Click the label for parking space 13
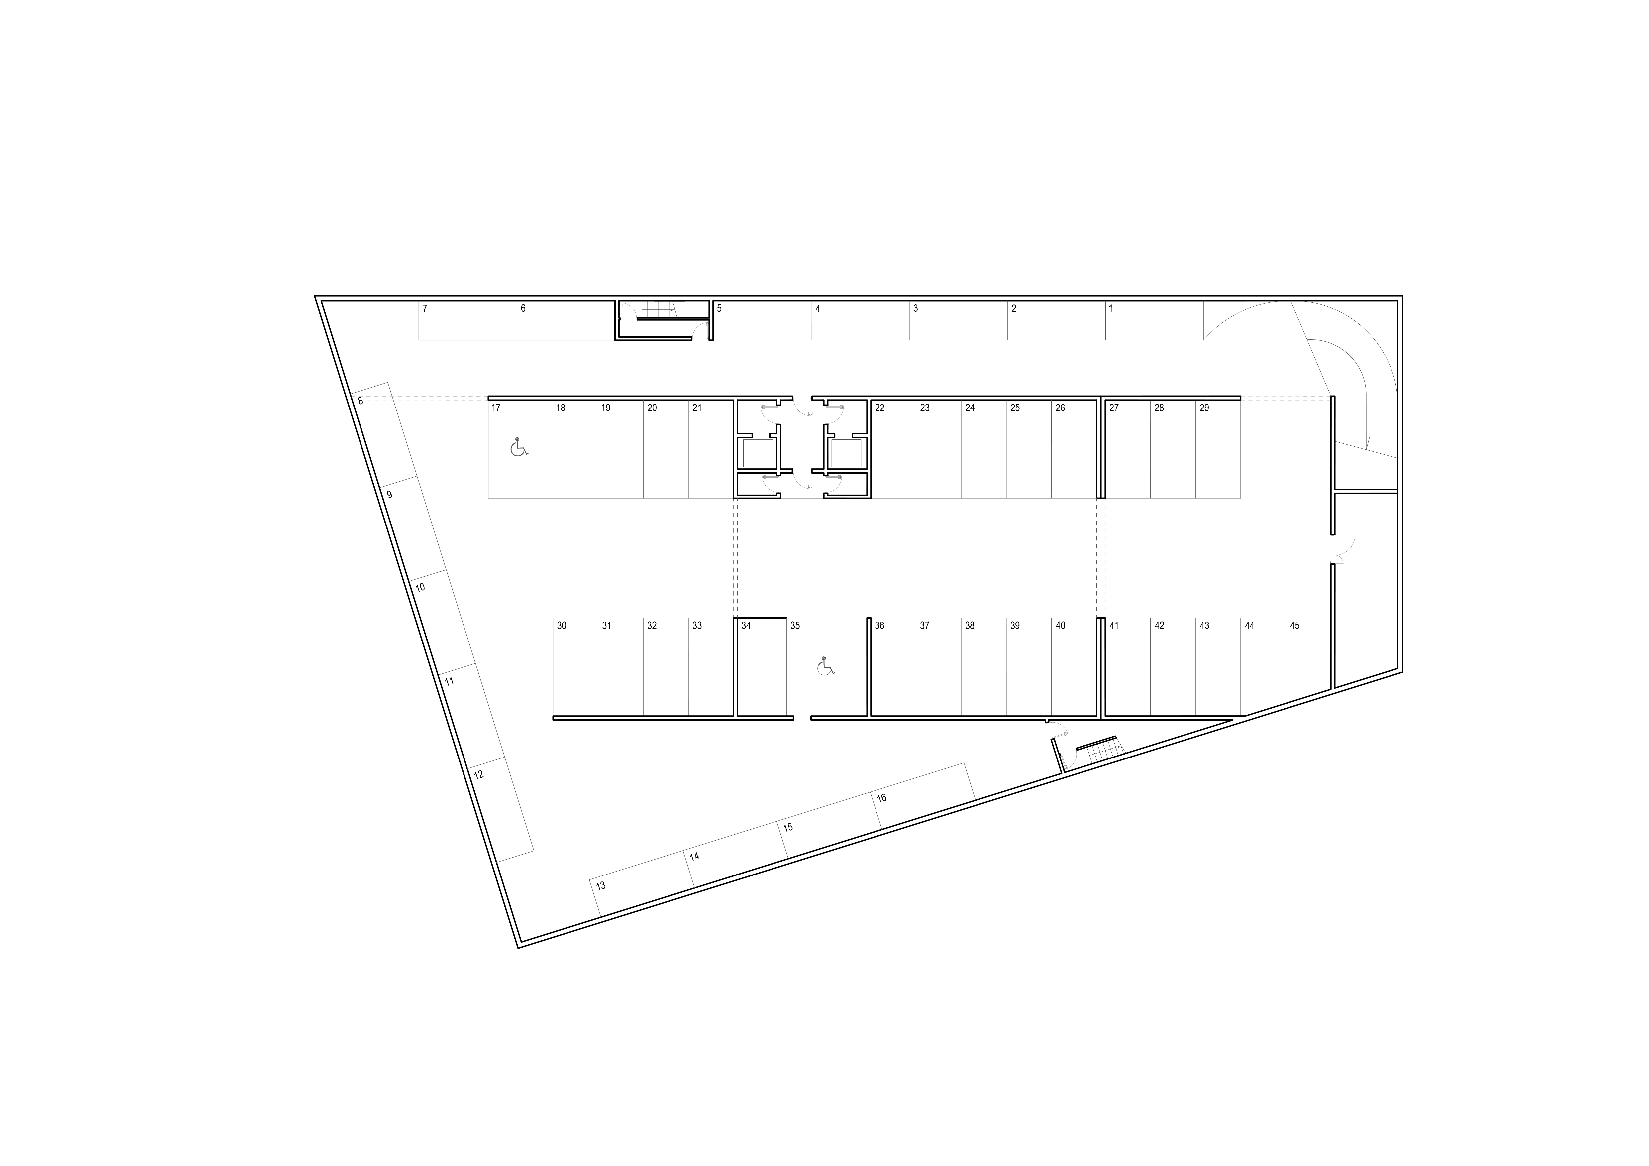(601, 886)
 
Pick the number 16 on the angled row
(882, 798)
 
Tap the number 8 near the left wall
(361, 401)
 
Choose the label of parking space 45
(1295, 626)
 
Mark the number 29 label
(1204, 408)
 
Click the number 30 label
(562, 626)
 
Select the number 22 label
(880, 408)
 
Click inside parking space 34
(761, 668)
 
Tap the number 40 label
(1061, 626)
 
